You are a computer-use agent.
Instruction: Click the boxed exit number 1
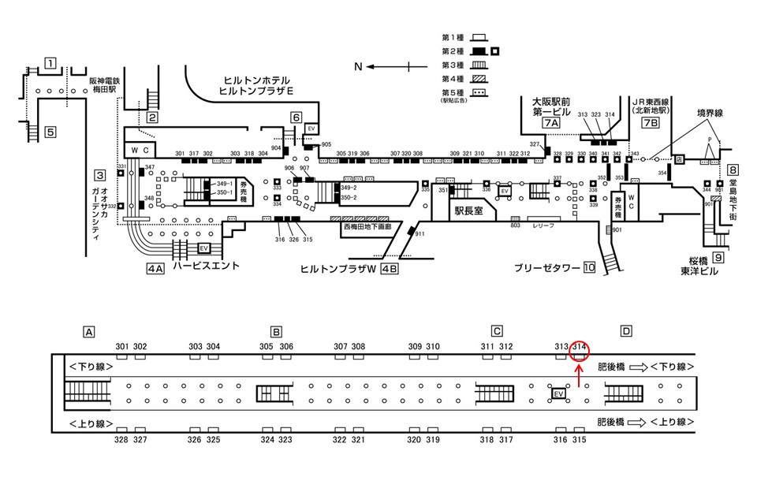[x=50, y=63]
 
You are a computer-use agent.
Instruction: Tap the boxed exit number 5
[x=50, y=132]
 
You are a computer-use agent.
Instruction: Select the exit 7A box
[x=551, y=124]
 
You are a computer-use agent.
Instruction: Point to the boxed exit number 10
[x=588, y=267]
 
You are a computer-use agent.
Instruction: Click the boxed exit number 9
[x=718, y=257]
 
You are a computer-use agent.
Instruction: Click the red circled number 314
[x=580, y=346]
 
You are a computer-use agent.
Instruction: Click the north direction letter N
[x=357, y=67]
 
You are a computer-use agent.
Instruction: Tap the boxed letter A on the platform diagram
[x=89, y=331]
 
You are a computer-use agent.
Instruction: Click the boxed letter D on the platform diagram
[x=625, y=331]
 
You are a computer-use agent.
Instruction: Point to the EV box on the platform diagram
[x=559, y=393]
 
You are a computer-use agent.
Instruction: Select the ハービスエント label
[x=207, y=266]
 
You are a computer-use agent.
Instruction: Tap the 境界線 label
[x=709, y=114]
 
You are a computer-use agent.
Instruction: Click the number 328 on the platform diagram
[x=121, y=439]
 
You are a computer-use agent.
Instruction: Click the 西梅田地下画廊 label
[x=371, y=226]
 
